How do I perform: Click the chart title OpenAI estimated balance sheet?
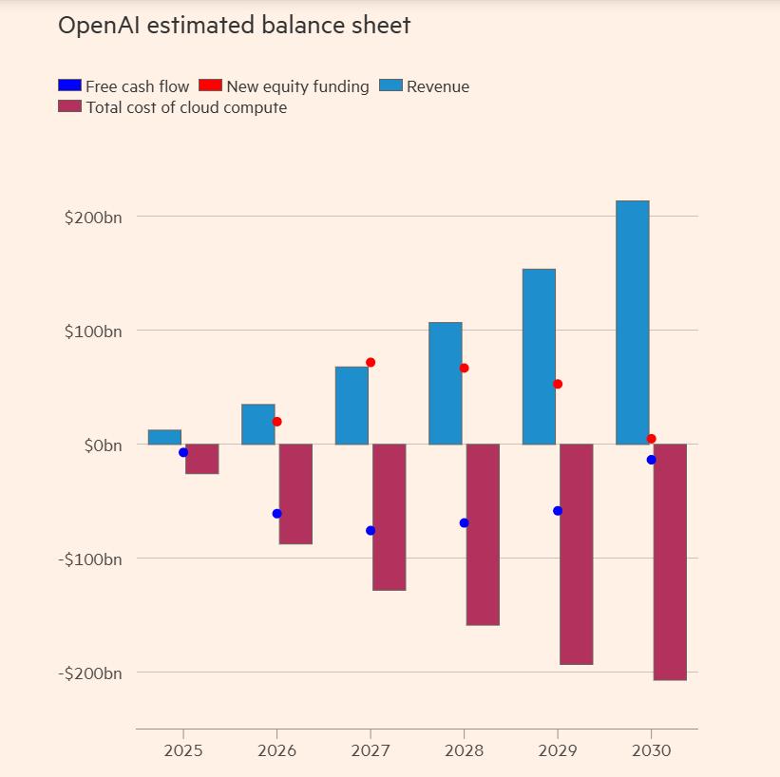click(x=234, y=26)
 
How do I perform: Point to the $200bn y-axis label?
click(x=93, y=218)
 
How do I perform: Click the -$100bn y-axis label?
click(x=90, y=559)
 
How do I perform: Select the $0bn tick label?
click(x=100, y=445)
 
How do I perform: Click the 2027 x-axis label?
click(x=370, y=750)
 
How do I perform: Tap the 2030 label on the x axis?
click(x=651, y=750)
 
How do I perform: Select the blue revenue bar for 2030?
click(x=632, y=323)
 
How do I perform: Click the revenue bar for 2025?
click(x=164, y=437)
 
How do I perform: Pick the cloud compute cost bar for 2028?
click(x=483, y=535)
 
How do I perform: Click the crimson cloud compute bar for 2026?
click(x=295, y=494)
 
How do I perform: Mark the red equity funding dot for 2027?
click(x=371, y=362)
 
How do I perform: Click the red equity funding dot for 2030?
click(x=651, y=439)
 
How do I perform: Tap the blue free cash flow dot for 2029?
click(x=558, y=511)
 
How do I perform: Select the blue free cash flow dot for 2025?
click(x=183, y=452)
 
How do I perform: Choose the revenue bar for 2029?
click(x=539, y=356)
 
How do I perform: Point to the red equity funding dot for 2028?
click(x=464, y=368)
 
